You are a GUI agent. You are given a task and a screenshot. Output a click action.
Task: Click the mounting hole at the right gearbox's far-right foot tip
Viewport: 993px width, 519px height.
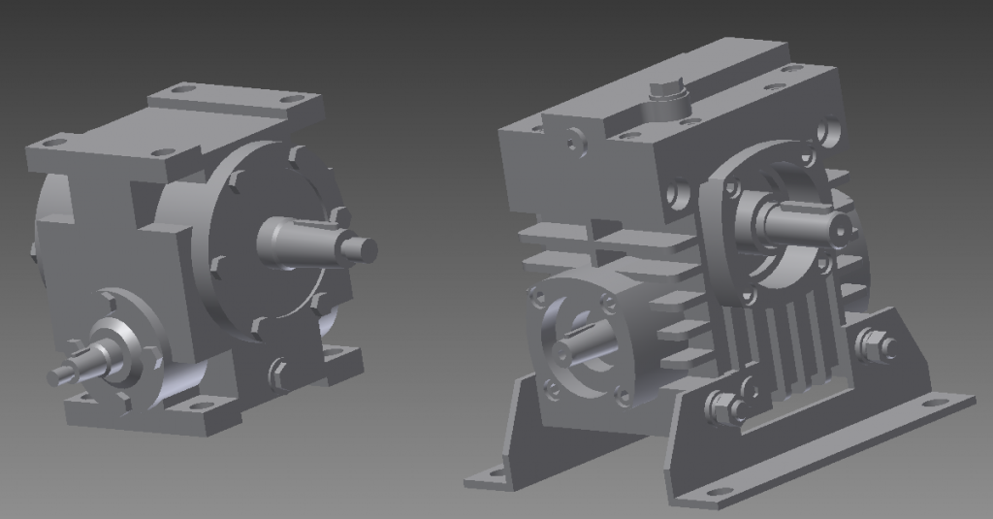click(x=934, y=402)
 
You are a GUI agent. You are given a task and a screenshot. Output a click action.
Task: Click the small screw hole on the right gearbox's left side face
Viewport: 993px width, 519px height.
click(x=574, y=143)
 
